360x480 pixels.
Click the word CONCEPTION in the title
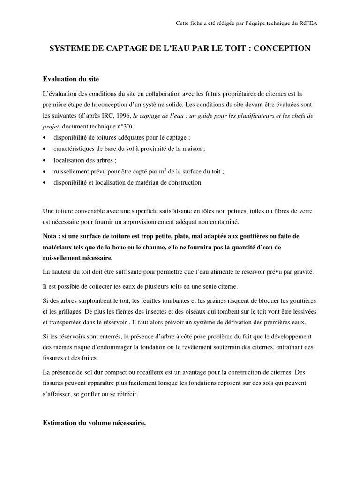click(284, 49)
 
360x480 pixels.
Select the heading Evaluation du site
click(71, 78)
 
